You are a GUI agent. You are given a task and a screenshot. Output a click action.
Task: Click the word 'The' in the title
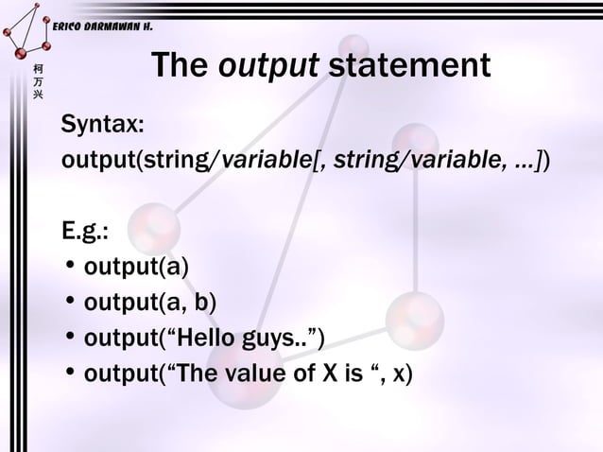click(x=181, y=66)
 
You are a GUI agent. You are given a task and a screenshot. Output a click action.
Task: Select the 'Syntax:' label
click(x=103, y=125)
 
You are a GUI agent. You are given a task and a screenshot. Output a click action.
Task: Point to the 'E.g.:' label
click(x=91, y=232)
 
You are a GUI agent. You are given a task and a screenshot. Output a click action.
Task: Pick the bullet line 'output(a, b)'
click(x=150, y=304)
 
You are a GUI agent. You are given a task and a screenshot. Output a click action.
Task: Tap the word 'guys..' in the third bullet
click(x=274, y=339)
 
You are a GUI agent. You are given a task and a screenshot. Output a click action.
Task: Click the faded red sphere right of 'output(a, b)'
click(x=413, y=315)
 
